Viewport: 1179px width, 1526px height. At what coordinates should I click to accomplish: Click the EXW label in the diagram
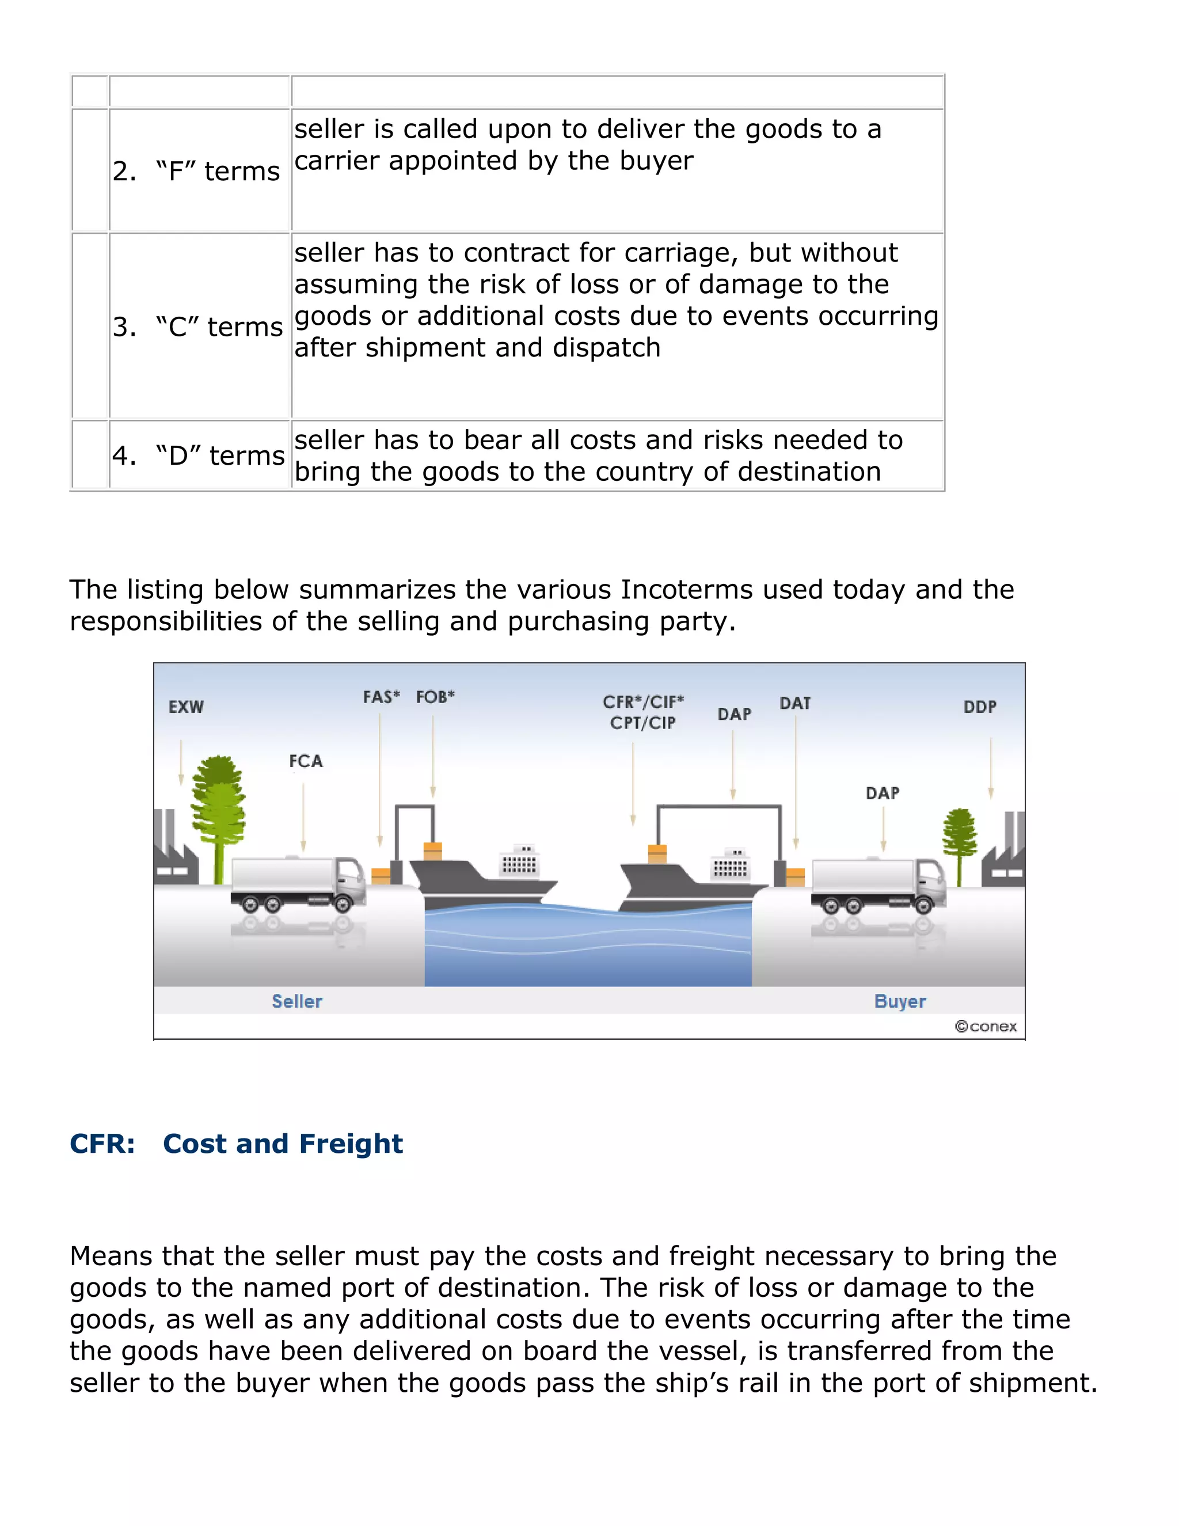tap(186, 707)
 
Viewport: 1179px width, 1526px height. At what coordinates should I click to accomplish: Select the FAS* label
tap(381, 697)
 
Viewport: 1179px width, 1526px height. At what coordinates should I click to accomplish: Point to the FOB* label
tap(435, 697)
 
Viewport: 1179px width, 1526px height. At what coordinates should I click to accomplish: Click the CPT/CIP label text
tap(642, 723)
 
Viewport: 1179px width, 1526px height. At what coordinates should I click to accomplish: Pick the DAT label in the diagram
tap(795, 703)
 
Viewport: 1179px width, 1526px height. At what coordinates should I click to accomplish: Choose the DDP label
tap(980, 707)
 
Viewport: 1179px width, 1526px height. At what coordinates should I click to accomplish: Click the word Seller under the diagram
tap(297, 1001)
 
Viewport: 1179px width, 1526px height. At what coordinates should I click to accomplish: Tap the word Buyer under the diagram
tap(900, 1001)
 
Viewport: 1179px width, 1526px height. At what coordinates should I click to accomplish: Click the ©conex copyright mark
tap(986, 1026)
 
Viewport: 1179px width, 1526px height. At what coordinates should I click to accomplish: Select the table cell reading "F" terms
tap(199, 170)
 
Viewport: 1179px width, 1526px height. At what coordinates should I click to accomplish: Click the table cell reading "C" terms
tap(199, 327)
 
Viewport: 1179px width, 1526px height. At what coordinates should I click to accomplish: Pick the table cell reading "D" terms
tap(199, 455)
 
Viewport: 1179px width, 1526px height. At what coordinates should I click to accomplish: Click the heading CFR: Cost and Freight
tap(236, 1144)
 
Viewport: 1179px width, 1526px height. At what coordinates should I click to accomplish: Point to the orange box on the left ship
tap(433, 851)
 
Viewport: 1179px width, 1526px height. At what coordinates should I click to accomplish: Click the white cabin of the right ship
tap(730, 867)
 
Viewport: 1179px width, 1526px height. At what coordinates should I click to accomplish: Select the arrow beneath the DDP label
tap(990, 769)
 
